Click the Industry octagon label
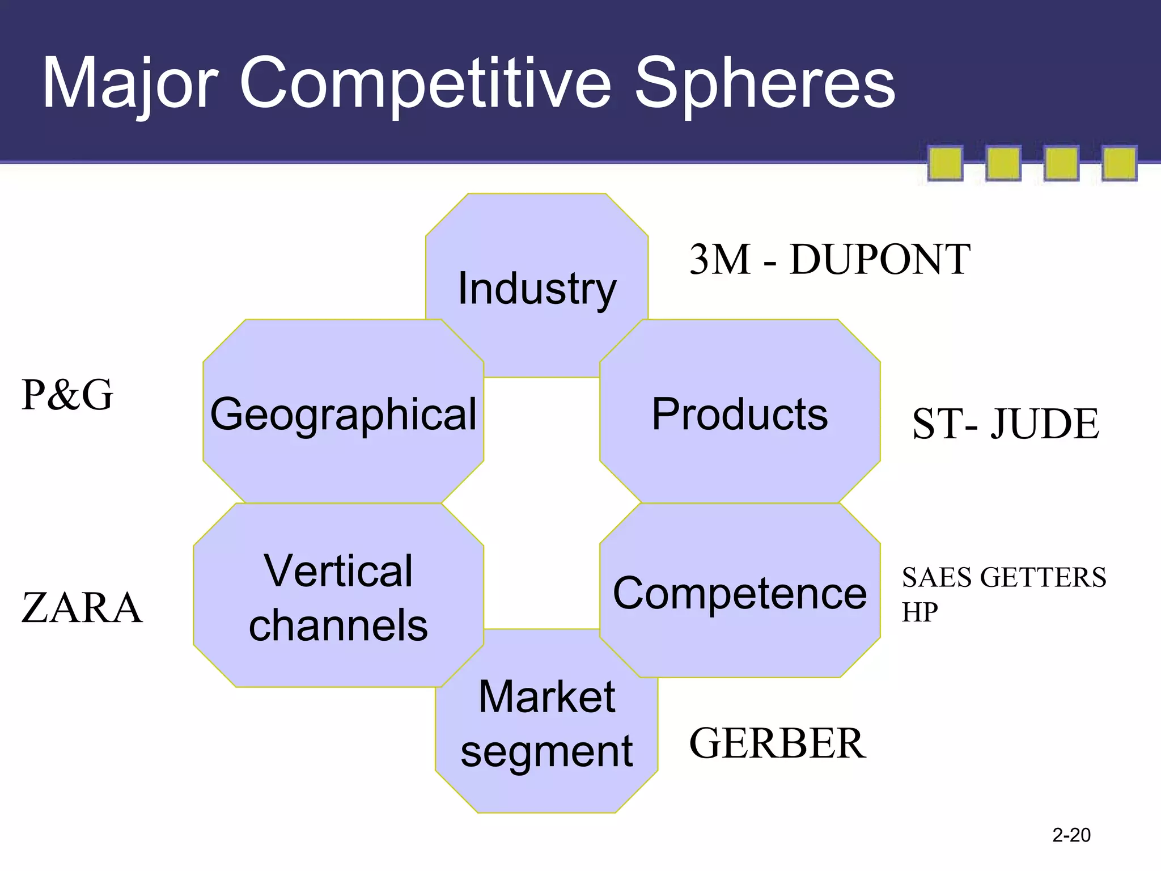click(536, 289)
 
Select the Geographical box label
click(343, 414)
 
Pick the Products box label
click(739, 414)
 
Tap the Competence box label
click(739, 594)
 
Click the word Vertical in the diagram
click(338, 570)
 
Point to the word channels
click(338, 625)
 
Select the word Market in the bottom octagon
click(546, 696)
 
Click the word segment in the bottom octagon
click(546, 751)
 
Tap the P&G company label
click(67, 395)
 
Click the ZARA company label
click(82, 608)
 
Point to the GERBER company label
click(777, 743)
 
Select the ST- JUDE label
click(1006, 424)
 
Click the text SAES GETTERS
click(1004, 577)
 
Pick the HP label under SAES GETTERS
click(920, 612)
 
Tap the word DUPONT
click(879, 259)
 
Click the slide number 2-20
click(1071, 835)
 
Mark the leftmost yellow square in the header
click(945, 163)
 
